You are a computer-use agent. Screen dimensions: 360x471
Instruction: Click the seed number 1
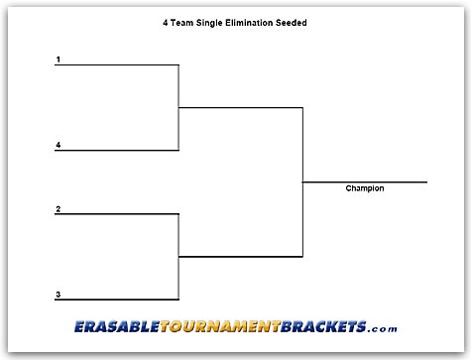point(59,60)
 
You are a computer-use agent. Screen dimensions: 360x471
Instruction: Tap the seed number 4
point(59,145)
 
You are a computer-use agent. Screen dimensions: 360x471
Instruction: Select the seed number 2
point(59,208)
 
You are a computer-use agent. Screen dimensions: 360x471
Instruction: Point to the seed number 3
point(59,294)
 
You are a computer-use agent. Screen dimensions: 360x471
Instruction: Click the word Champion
point(364,188)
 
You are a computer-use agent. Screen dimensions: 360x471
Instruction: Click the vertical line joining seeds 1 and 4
point(178,108)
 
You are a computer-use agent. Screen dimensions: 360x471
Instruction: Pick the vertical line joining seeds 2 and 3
point(178,257)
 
